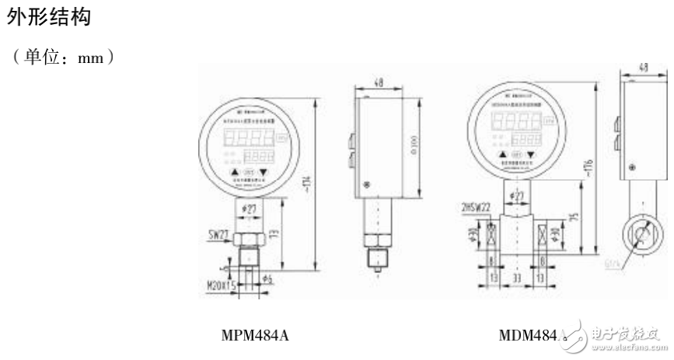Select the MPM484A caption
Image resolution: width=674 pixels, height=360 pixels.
[x=257, y=336]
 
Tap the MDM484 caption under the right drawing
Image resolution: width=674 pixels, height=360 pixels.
[x=529, y=336]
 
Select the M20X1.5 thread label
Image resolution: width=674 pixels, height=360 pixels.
[x=220, y=285]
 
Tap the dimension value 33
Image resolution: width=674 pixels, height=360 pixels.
[x=515, y=276]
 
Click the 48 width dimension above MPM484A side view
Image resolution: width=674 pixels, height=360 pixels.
[x=378, y=80]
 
